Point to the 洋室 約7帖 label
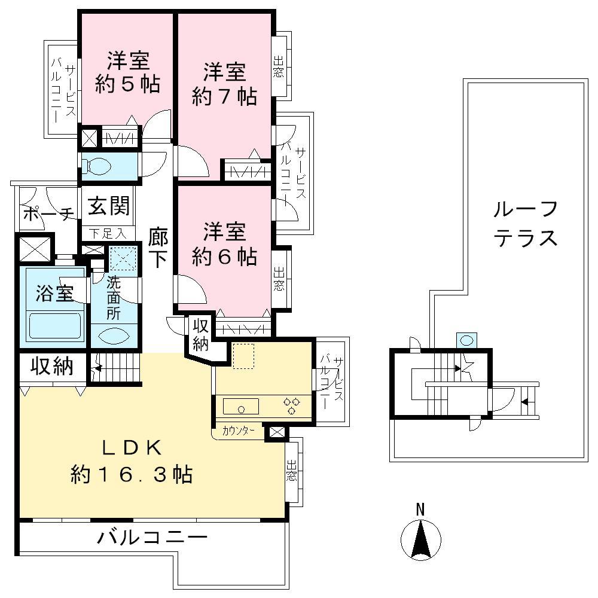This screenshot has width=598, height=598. [224, 84]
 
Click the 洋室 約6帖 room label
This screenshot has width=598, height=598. [224, 244]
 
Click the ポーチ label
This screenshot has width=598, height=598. [48, 214]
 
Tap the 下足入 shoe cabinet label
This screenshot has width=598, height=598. [108, 232]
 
